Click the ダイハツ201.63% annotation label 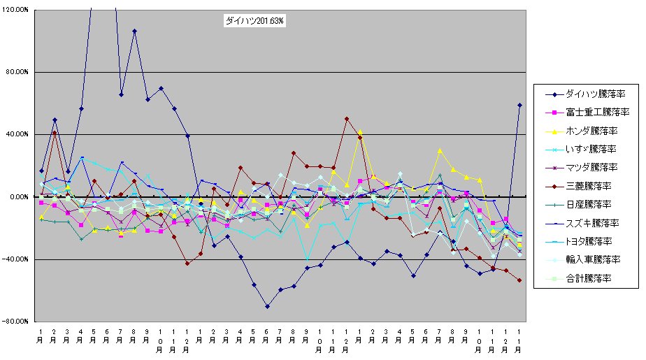coord(254,22)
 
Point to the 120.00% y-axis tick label coord(15,10)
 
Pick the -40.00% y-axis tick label coord(15,259)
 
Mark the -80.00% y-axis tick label coord(15,322)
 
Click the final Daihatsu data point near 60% coord(519,105)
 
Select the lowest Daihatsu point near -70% coord(267,306)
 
